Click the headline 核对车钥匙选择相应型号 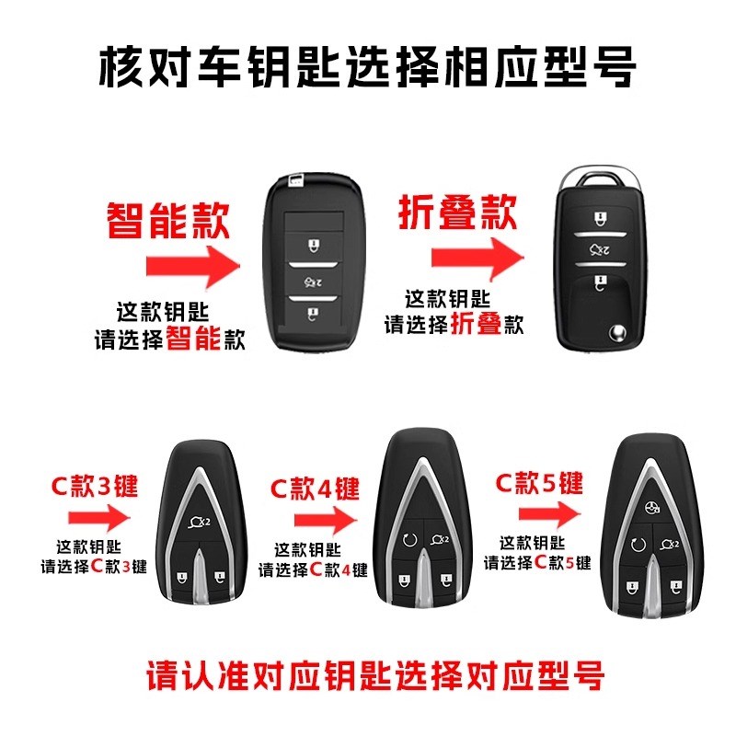pos(368,66)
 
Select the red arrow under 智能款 pos(191,267)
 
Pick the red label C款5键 pos(539,482)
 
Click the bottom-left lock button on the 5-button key pos(631,583)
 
